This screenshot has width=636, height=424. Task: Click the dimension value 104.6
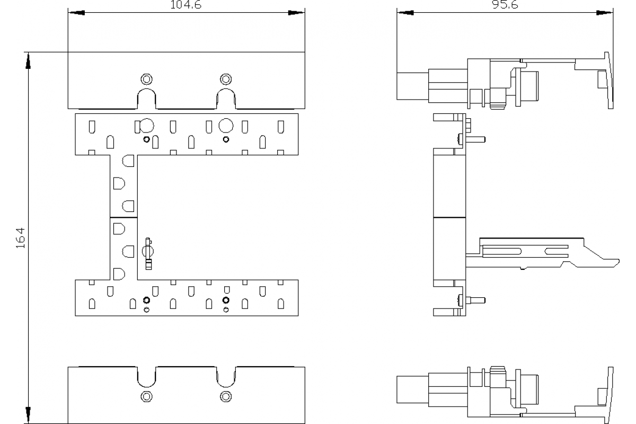tap(186, 4)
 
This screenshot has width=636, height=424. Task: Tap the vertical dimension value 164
tap(20, 238)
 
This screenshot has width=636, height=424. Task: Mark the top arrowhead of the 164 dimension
tap(28, 60)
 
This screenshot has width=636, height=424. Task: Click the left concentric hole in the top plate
tap(146, 79)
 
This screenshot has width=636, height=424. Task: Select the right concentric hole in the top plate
tap(226, 79)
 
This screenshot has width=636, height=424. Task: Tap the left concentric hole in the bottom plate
tap(146, 395)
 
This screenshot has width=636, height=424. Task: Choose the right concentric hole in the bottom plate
tap(226, 395)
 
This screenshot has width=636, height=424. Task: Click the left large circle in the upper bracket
tap(146, 126)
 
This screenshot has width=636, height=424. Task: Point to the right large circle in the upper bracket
tap(226, 126)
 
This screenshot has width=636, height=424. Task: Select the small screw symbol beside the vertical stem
tap(149, 254)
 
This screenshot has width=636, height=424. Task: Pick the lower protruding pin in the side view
tap(478, 300)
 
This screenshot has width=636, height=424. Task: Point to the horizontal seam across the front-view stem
tap(123, 217)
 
